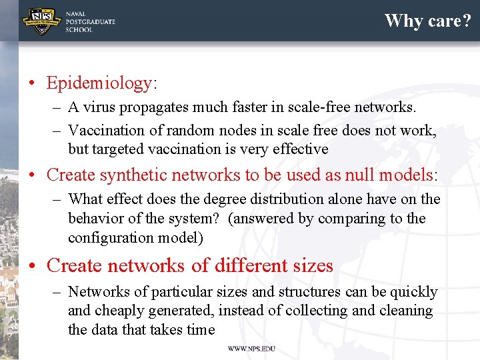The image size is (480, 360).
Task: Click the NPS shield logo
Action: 41,21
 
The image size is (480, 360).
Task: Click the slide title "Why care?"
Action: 427,21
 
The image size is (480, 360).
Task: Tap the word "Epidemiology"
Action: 99,83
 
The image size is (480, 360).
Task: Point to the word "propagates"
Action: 155,107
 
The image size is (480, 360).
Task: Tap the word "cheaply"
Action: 119,311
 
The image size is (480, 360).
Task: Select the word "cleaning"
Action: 406,311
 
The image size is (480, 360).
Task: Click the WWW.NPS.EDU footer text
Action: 251,349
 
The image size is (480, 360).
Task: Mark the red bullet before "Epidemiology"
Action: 32,84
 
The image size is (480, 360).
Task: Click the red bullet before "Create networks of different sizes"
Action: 32,266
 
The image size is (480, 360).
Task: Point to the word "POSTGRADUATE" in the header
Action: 90,21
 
